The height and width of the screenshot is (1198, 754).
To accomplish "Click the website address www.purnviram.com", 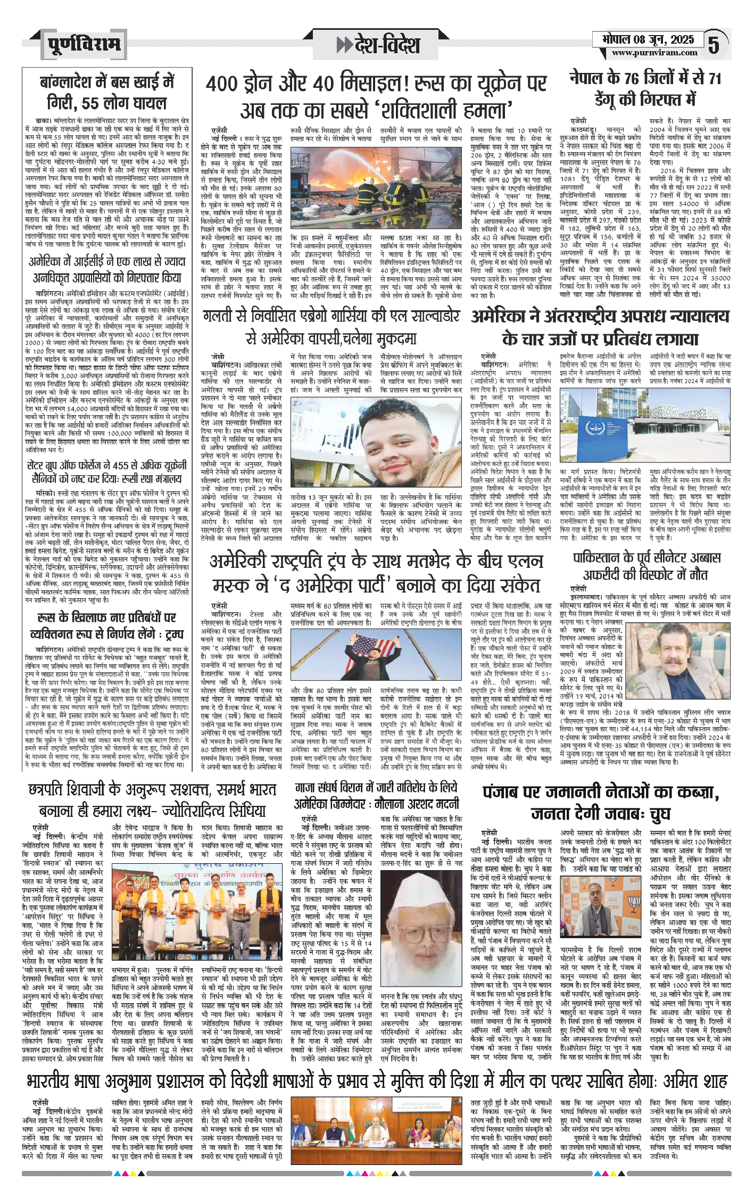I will point(654,53).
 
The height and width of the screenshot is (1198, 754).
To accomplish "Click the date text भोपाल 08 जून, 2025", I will point(648,40).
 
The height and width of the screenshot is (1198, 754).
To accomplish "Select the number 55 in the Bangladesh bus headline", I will point(92,103).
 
